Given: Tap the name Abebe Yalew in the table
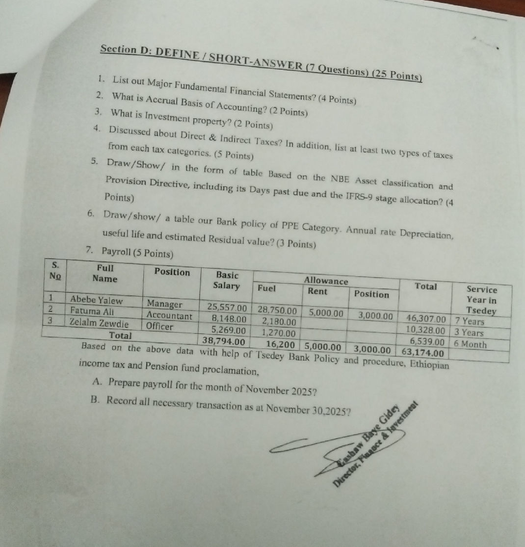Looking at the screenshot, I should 97,300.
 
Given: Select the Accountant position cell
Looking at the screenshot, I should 170,315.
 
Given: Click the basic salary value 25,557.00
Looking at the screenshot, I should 227,308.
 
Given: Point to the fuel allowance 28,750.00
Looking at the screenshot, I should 277,311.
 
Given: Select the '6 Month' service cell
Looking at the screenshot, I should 471,344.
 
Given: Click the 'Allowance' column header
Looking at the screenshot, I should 326,281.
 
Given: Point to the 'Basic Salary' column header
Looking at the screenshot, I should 226,281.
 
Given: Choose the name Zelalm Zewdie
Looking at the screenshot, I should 99,324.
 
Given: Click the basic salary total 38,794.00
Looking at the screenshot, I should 223,340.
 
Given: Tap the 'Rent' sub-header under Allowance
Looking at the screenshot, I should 317,291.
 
